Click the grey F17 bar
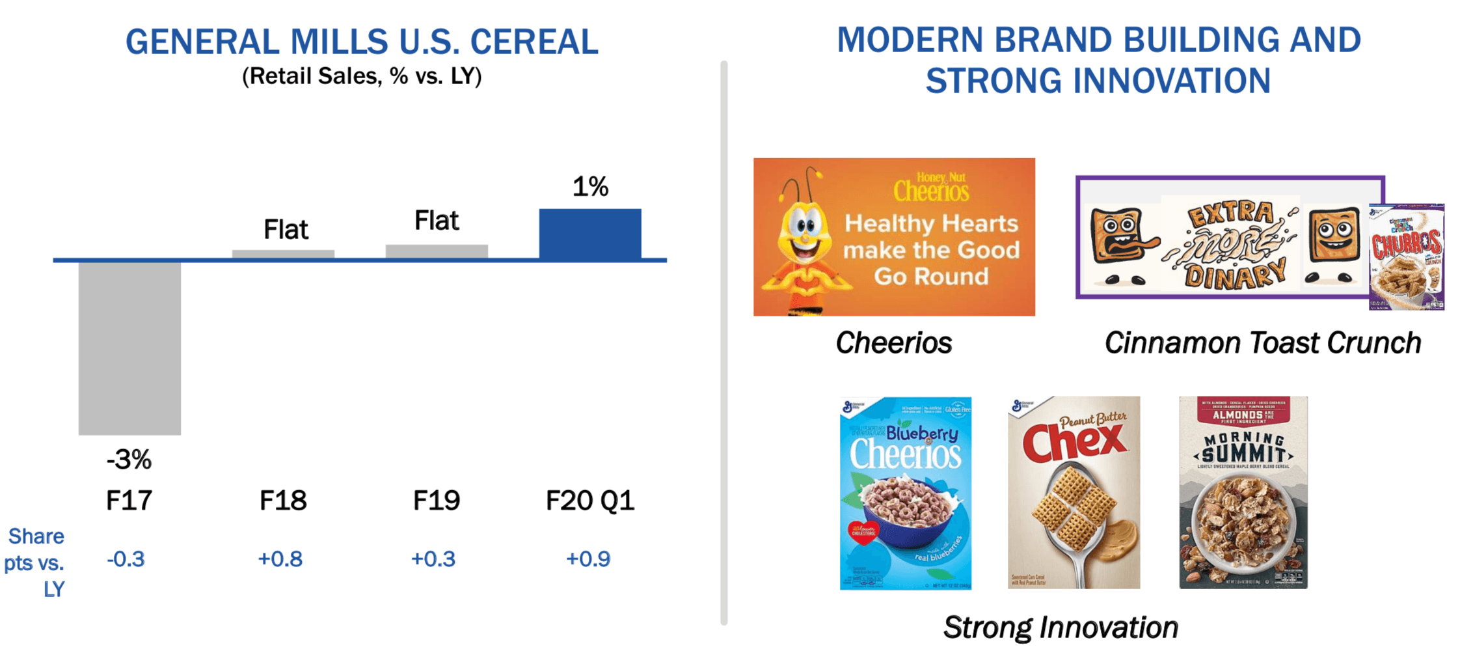click(x=129, y=348)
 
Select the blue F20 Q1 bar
click(x=589, y=234)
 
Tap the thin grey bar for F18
click(x=283, y=254)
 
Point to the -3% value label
click(x=129, y=460)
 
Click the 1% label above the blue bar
click(x=589, y=187)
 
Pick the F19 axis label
click(x=437, y=501)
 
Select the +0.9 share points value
click(x=588, y=559)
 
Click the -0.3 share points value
click(x=126, y=559)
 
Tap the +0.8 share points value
click(x=280, y=559)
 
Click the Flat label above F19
click(x=437, y=221)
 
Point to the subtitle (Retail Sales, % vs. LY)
click(x=362, y=76)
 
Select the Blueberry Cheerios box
click(x=905, y=493)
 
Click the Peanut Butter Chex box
click(x=1074, y=493)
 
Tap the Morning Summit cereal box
click(x=1243, y=493)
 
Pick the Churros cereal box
click(x=1406, y=257)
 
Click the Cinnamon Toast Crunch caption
click(x=1262, y=343)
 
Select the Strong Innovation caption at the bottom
click(x=1061, y=628)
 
